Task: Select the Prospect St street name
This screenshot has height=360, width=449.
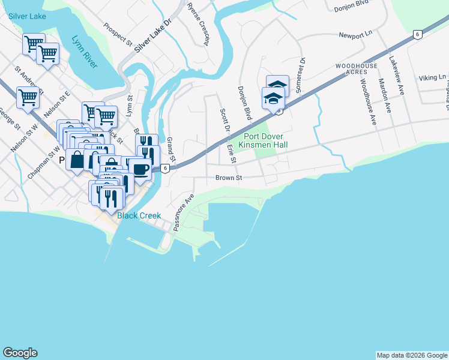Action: point(118,35)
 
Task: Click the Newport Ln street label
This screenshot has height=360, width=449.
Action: point(355,36)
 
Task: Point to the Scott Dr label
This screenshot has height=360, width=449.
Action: point(224,121)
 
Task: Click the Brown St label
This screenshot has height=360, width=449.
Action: point(228,178)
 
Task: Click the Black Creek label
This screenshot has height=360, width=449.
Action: point(139,215)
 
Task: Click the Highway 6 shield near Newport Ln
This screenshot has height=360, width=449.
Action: point(417,35)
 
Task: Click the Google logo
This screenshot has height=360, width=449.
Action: point(20,353)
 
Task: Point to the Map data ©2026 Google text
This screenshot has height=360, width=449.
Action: point(412,355)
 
